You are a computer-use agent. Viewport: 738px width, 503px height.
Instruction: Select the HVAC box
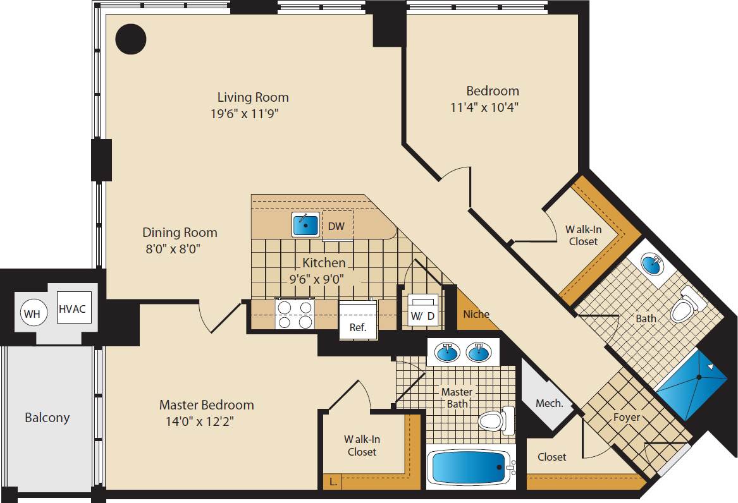72,308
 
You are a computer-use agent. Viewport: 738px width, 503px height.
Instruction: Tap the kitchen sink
306,224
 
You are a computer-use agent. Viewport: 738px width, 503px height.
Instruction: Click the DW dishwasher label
336,226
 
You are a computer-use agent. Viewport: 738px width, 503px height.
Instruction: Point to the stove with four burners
295,314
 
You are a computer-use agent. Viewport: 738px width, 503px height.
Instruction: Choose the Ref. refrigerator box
358,321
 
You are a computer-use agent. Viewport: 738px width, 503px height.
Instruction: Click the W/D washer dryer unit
423,310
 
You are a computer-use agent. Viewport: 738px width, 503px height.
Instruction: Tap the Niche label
476,314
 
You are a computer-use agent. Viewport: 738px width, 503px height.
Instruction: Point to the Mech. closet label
549,403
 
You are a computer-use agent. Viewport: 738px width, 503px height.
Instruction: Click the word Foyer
627,417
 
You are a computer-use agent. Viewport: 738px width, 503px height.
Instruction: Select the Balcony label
47,418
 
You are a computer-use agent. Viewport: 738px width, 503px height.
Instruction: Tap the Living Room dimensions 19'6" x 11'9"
245,114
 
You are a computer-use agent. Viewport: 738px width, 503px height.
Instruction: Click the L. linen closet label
333,482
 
